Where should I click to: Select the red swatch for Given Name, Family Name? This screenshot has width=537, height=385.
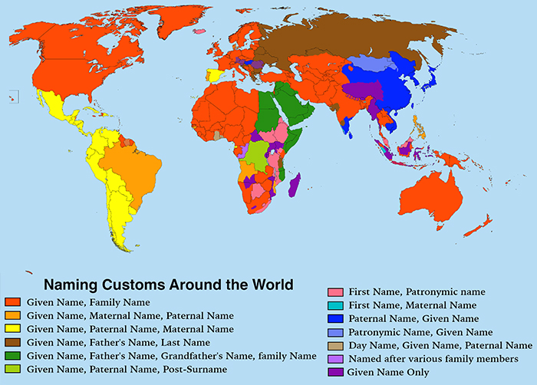coord(12,302)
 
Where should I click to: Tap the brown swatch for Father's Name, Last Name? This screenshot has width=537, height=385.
coord(12,341)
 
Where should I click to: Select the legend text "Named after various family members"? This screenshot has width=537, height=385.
coord(433,359)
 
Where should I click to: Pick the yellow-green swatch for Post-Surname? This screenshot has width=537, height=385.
coord(12,368)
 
